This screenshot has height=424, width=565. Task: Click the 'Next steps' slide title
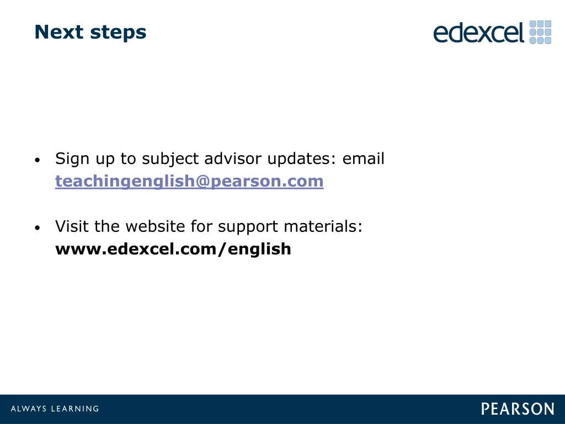point(90,33)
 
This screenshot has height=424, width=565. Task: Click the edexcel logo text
point(478,33)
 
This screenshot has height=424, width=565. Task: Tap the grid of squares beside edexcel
point(540,32)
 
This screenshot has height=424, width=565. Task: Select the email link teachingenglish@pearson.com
point(189,181)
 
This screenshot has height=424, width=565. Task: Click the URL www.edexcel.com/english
point(173,250)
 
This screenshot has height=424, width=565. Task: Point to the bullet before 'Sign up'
point(36,161)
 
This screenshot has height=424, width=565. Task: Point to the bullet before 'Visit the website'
point(36,228)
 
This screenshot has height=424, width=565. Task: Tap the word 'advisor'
point(234,159)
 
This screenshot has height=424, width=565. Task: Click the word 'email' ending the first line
point(364,159)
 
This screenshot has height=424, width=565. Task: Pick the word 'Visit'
point(72,226)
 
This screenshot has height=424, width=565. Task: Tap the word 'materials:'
point(323,226)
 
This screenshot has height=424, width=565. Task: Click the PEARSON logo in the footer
point(517,409)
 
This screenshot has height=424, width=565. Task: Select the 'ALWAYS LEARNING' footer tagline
point(55,409)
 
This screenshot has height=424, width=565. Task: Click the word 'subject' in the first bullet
point(170,160)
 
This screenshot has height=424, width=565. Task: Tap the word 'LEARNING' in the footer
point(74,409)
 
